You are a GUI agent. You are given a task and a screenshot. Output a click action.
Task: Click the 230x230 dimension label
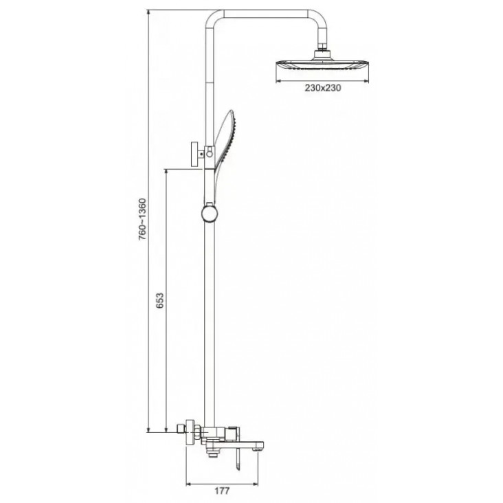coord(323,88)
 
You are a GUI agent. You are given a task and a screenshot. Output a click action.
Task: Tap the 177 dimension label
coord(222,491)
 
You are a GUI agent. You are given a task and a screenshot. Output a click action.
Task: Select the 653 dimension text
coord(160,300)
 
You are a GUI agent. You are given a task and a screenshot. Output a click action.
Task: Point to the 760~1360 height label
coord(142,219)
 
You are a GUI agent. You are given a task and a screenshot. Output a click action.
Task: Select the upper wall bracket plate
coord(194,155)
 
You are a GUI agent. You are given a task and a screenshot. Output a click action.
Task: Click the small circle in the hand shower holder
coord(210,154)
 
